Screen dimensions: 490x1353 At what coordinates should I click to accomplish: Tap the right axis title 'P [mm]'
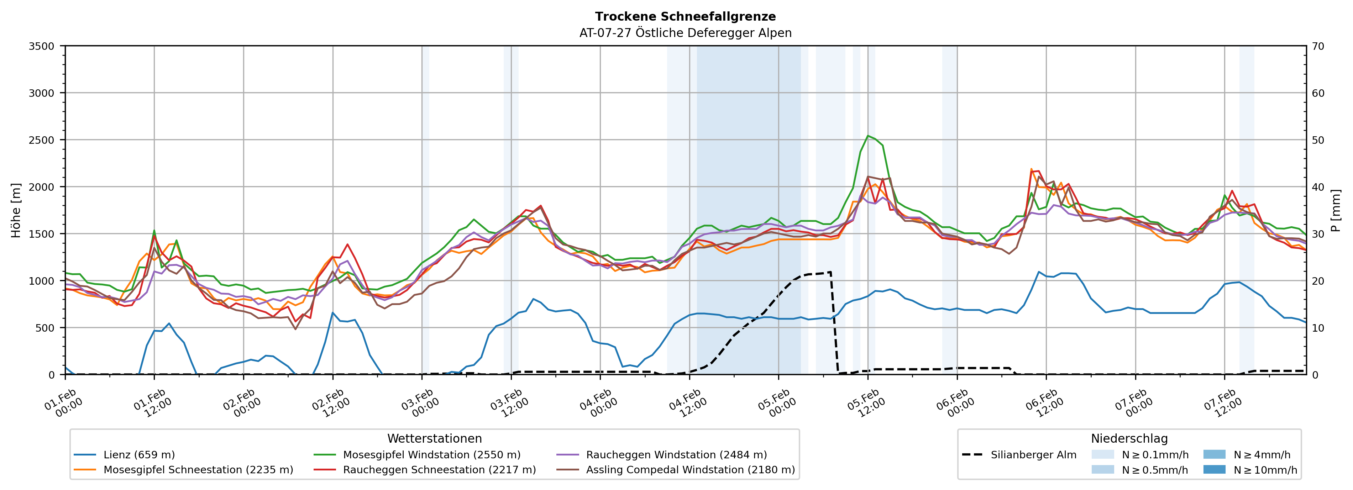[1336, 210]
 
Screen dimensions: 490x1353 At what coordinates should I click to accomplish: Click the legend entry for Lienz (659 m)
[139, 455]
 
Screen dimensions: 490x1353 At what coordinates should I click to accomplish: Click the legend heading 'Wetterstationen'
[434, 438]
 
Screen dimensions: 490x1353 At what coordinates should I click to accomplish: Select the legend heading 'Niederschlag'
[1129, 438]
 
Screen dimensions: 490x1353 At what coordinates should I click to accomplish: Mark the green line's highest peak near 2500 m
[868, 136]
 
